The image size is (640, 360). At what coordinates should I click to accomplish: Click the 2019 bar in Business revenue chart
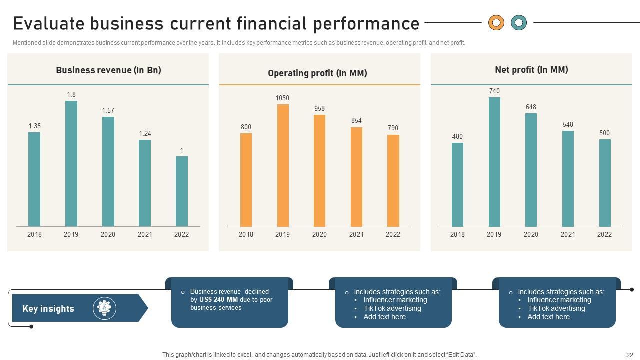(x=71, y=164)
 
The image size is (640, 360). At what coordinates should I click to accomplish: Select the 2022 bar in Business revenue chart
(x=182, y=191)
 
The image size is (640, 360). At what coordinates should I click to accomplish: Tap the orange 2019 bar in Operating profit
(x=283, y=165)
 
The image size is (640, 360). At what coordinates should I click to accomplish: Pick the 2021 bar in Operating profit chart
(x=356, y=177)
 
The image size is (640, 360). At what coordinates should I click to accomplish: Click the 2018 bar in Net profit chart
(x=457, y=185)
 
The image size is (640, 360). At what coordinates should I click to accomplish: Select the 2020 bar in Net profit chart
(x=531, y=170)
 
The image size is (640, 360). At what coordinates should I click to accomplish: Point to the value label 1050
(x=282, y=98)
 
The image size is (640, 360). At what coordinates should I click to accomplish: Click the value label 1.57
(x=108, y=111)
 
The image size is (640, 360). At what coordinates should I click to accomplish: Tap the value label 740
(x=494, y=91)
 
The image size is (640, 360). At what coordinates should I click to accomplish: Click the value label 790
(x=393, y=128)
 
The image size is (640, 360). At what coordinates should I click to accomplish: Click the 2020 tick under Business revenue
(x=108, y=235)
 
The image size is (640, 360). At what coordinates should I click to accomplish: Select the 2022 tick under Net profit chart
(x=604, y=235)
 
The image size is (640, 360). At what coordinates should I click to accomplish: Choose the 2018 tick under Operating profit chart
(x=246, y=235)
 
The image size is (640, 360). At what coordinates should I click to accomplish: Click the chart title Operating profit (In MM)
(x=317, y=73)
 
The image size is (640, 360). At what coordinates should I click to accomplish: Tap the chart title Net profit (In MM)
(x=531, y=70)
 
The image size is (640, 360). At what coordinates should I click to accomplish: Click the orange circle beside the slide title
(x=496, y=22)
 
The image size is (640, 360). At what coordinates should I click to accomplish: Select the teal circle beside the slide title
(x=519, y=22)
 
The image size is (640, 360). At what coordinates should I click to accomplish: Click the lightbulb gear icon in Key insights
(x=104, y=308)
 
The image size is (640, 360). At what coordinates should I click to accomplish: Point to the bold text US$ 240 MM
(x=218, y=300)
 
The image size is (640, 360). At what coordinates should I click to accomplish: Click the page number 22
(x=629, y=355)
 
